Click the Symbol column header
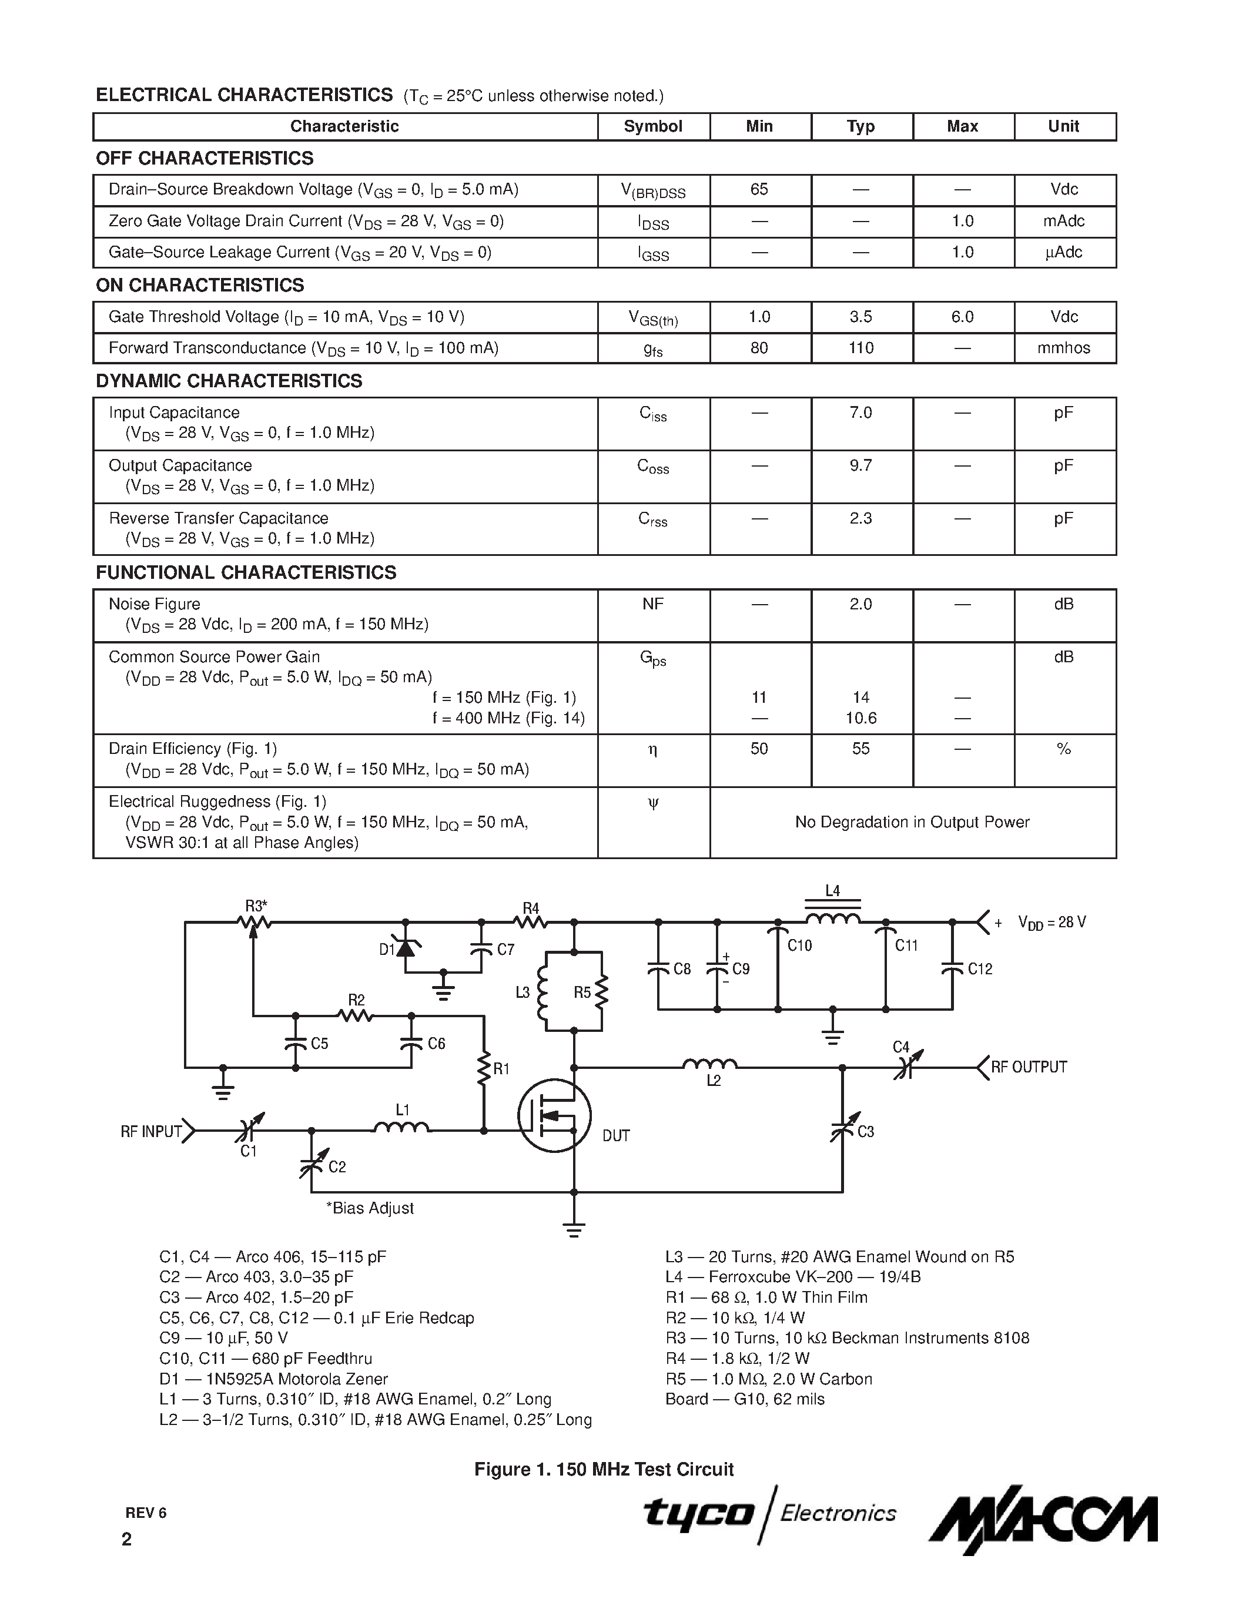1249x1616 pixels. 652,126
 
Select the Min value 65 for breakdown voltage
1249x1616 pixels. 759,189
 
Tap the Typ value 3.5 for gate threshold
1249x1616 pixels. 860,317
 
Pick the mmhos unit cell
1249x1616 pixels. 1063,348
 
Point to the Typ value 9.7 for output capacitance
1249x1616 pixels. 860,465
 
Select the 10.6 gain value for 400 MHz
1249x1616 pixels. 860,718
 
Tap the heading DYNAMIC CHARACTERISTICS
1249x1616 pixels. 229,381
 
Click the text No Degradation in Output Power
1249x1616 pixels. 912,822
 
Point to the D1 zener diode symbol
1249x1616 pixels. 405,947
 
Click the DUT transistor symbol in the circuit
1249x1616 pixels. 554,1116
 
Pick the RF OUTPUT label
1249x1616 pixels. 1029,1067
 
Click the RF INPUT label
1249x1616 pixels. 151,1131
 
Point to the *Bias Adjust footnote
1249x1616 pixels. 369,1208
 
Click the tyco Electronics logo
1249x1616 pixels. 769,1514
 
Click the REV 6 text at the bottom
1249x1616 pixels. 146,1513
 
